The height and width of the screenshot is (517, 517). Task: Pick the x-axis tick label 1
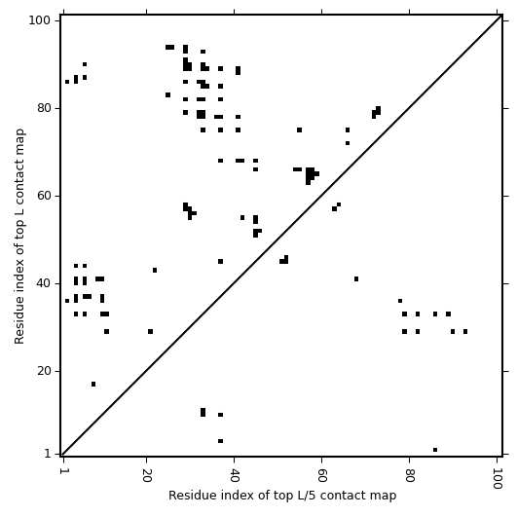[63, 471]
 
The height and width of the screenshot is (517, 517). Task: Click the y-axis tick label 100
[39, 20]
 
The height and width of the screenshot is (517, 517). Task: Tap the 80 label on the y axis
[44, 108]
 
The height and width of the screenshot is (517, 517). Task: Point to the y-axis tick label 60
[44, 196]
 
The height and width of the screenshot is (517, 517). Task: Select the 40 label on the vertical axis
[44, 283]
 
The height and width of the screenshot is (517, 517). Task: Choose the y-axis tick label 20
[44, 371]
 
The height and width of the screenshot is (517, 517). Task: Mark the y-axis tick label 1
[48, 454]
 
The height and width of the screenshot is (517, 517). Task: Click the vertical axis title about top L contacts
[19, 236]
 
